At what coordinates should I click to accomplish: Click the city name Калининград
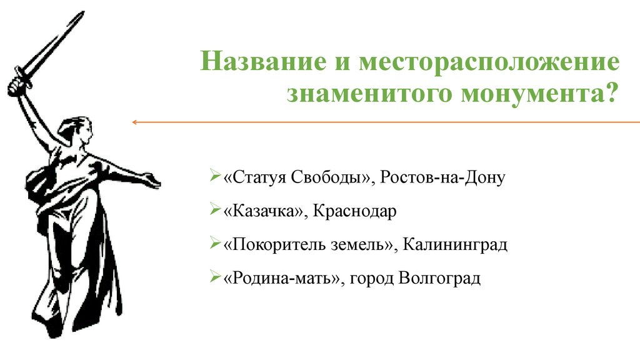coord(455,244)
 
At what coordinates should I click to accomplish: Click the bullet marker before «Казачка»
coord(215,211)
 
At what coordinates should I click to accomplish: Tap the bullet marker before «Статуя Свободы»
coord(215,177)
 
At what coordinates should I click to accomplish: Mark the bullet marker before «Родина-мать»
coord(215,277)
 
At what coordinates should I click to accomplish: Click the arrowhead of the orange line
coord(134,122)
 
